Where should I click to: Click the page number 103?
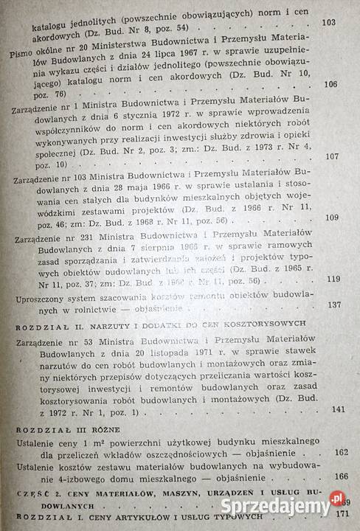click(330, 24)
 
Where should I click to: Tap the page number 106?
click(330, 84)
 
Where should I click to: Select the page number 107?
click(331, 156)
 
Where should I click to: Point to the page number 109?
click(331, 217)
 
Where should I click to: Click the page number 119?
click(333, 278)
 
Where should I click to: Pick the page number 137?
click(333, 305)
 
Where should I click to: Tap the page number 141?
click(339, 409)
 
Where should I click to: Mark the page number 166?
click(342, 477)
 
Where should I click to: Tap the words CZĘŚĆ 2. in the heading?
click(35, 493)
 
